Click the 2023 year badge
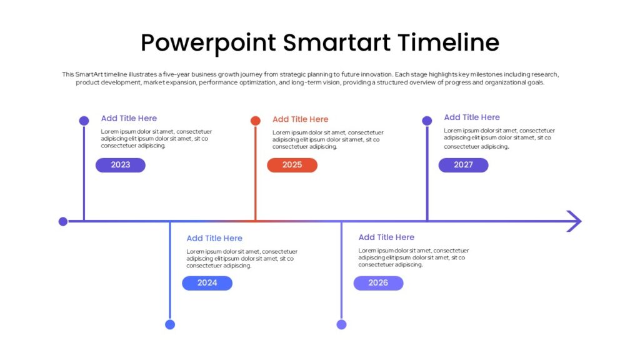[121, 165]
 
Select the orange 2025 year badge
[292, 165]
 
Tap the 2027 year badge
[463, 165]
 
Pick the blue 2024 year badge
[207, 283]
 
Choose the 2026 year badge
[378, 283]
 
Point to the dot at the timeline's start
[63, 221]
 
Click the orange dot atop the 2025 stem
[256, 121]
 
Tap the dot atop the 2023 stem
[84, 121]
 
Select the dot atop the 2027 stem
[427, 121]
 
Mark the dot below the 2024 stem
[170, 324]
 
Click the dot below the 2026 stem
[342, 324]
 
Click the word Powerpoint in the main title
[209, 43]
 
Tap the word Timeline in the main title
[449, 42]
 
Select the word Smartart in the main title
[337, 42]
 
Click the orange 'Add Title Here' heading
[301, 119]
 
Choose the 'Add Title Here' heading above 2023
[129, 118]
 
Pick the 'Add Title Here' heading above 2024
[214, 238]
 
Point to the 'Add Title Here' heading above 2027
[472, 117]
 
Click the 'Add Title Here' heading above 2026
[386, 237]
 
